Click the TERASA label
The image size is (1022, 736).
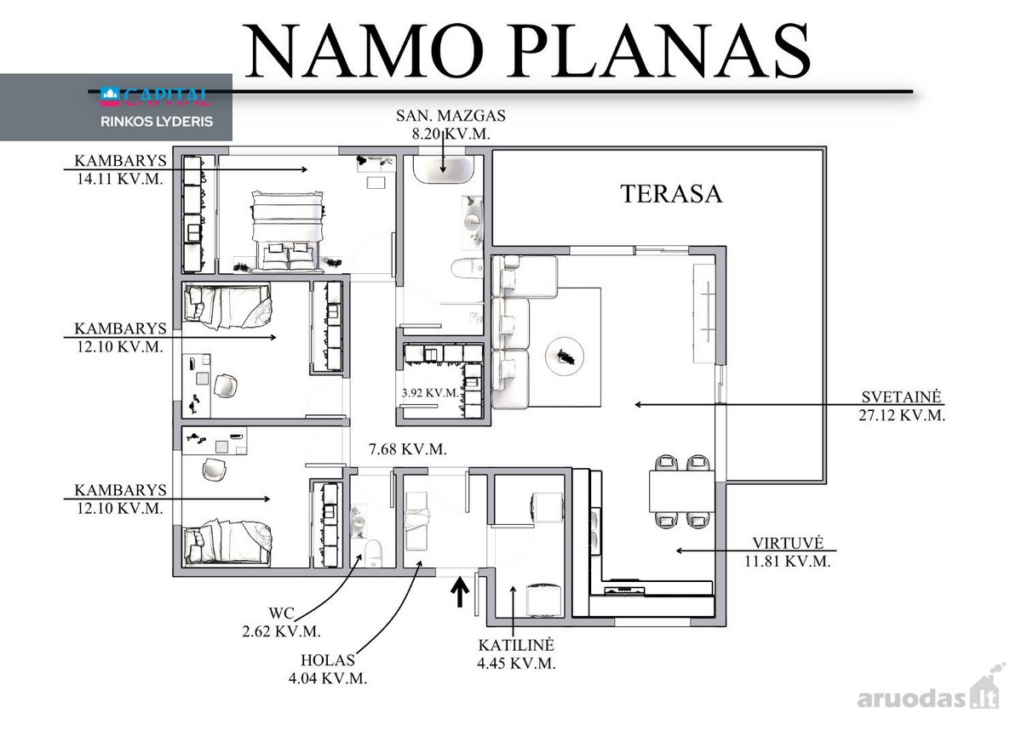[x=671, y=194]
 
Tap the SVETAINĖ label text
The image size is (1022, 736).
[x=901, y=397]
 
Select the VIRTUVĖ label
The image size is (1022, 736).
[x=788, y=543]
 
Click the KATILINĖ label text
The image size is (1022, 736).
[x=516, y=645]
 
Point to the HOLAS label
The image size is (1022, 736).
[x=328, y=660]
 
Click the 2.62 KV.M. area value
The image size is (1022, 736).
[x=282, y=631]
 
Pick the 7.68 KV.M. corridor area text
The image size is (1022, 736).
[x=408, y=449]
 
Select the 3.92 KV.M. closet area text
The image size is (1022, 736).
[x=430, y=393]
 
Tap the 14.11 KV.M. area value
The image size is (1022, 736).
[x=120, y=179]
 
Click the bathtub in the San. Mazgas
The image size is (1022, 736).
[x=444, y=169]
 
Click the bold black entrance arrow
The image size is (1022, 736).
[x=460, y=591]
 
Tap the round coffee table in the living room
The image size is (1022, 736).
[x=565, y=357]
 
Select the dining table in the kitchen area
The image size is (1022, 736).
[x=681, y=492]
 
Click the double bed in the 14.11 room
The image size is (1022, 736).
[x=288, y=231]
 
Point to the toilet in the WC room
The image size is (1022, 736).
[x=373, y=553]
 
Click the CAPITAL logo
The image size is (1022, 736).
[x=156, y=96]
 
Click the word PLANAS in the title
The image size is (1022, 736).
[x=661, y=50]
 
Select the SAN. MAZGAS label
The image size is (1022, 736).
[x=451, y=116]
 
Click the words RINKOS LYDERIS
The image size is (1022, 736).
[x=157, y=122]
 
